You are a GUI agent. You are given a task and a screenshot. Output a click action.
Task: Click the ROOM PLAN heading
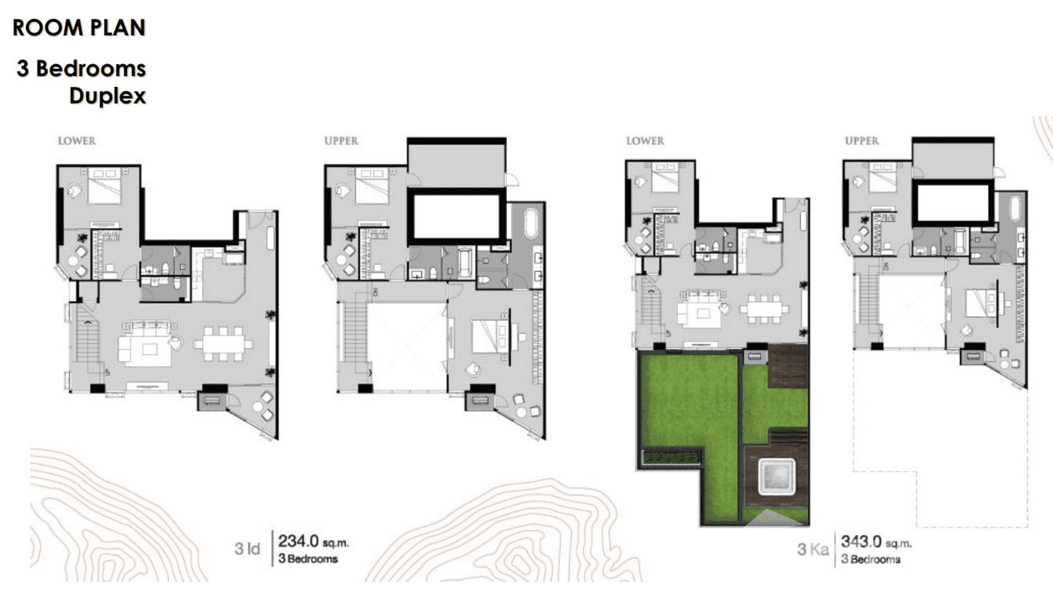(x=79, y=28)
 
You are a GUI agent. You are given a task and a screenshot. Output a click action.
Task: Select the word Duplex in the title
(x=107, y=96)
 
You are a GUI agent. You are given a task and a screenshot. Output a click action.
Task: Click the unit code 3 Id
(x=247, y=549)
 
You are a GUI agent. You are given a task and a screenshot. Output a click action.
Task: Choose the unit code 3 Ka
(x=814, y=549)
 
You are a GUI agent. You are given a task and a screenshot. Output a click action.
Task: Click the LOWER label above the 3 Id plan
(x=76, y=141)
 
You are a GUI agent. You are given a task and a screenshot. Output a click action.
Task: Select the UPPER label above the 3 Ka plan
(x=862, y=141)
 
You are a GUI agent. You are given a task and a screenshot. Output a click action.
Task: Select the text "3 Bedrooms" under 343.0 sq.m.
(x=870, y=560)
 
